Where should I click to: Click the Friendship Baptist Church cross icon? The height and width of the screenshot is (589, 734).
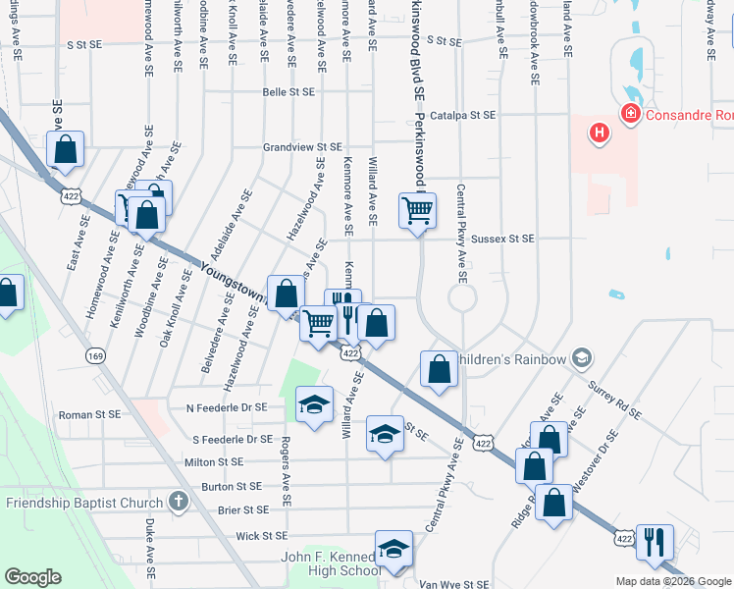pos(178,503)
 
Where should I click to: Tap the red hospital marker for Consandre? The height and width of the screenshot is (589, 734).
pos(629,115)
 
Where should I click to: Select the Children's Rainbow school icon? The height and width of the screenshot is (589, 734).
pos(582,358)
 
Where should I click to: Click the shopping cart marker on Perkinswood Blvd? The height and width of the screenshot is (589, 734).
pos(417,210)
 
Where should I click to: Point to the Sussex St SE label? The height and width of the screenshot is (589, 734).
pos(502,239)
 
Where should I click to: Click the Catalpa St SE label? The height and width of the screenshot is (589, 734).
pos(463,115)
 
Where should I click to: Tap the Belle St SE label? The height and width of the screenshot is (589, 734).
pos(288,92)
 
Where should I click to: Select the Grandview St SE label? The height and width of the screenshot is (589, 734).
pos(301,147)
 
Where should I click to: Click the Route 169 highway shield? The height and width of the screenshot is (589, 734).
pos(95,355)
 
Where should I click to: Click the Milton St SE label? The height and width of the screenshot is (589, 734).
pos(213,461)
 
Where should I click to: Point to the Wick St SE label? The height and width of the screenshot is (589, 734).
pos(261,536)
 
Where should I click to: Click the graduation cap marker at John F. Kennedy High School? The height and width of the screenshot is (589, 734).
pos(393,551)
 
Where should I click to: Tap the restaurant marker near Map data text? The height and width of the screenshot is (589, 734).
pos(654,541)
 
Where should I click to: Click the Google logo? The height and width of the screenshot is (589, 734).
pos(33,576)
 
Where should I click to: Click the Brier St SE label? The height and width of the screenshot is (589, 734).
pos(242,509)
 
